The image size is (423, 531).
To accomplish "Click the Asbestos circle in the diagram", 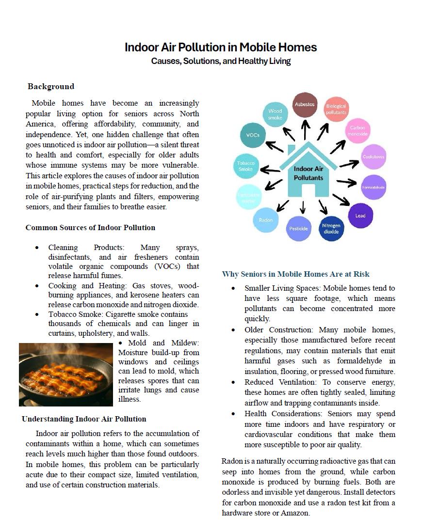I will tap(305, 105).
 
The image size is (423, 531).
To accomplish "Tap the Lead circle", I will tap(360, 216).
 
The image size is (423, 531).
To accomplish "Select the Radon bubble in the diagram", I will tap(265, 220).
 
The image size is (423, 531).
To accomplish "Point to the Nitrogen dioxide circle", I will tap(331, 229).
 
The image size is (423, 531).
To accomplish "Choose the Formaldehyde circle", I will tap(374, 187).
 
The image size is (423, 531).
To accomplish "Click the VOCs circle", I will tap(253, 135).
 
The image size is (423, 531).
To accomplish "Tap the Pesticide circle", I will tap(299, 229).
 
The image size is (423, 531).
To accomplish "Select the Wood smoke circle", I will tap(275, 114).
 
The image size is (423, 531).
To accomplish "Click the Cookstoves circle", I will tap(374, 156).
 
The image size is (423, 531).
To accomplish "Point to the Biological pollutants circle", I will tap(336, 109).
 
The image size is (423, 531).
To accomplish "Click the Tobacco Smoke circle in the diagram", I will tap(246, 166).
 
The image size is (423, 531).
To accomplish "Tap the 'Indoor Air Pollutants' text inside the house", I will tap(308, 173).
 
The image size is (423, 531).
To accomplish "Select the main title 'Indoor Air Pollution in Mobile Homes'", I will tap(221, 47).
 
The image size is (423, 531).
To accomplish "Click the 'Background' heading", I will tap(51, 86).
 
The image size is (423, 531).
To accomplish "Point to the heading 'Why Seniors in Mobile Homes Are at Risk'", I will tap(295, 274).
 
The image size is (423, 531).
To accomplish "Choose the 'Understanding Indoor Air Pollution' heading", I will tap(84, 419).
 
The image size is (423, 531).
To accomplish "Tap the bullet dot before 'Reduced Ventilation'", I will tap(233, 382).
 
